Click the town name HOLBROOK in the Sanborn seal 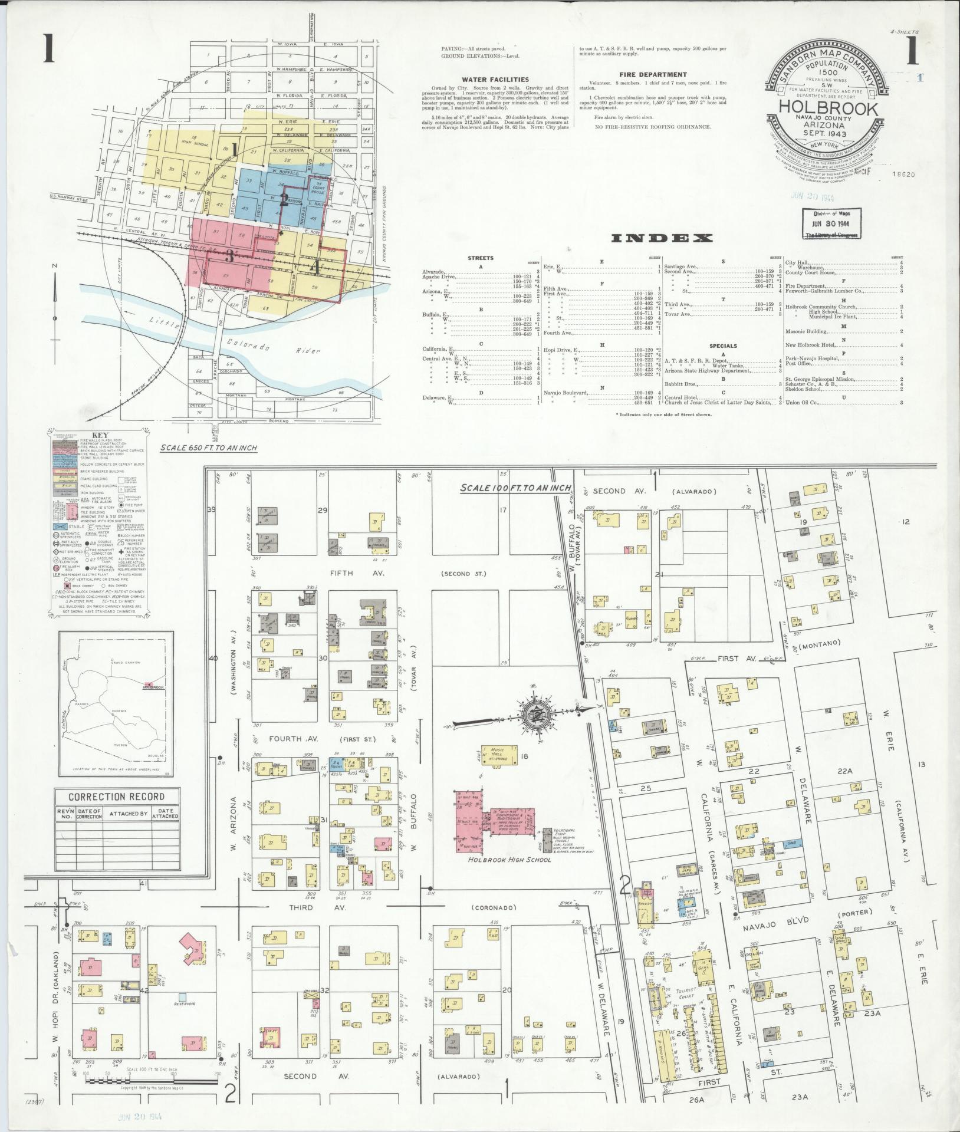click(828, 109)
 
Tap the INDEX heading click(662, 238)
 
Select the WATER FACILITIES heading click(495, 80)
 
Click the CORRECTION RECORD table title click(116, 797)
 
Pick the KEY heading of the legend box click(97, 436)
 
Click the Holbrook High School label click(509, 859)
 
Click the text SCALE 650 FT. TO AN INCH click(209, 448)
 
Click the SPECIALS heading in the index click(724, 346)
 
